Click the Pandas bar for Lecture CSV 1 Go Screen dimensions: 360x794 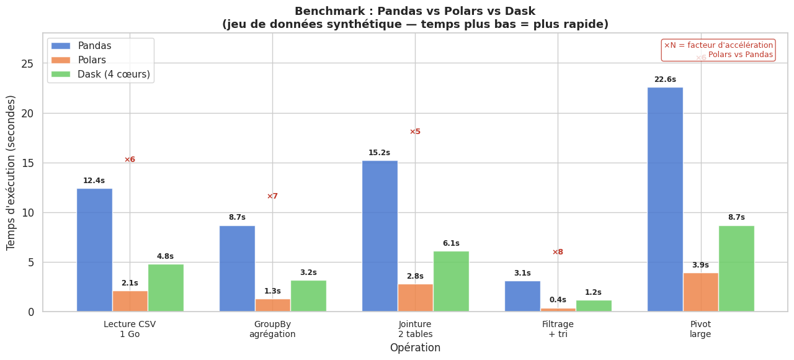(x=94, y=250)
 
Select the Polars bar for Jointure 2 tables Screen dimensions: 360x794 (x=415, y=298)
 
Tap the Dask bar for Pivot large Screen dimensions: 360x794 (x=736, y=269)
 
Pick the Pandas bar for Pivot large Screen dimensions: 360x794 (x=665, y=199)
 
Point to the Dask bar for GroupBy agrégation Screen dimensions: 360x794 (x=308, y=296)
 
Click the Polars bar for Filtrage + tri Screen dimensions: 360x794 (x=558, y=310)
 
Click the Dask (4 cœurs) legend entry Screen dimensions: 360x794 (x=99, y=74)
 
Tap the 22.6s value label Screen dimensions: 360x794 (x=665, y=79)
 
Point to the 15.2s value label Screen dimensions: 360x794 (x=379, y=153)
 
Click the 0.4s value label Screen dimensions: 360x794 (x=558, y=300)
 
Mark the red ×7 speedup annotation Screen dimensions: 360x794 (x=272, y=196)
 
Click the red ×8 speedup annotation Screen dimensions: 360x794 (x=558, y=252)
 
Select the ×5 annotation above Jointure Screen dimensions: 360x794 (x=415, y=132)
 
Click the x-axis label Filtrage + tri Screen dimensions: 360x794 (x=558, y=329)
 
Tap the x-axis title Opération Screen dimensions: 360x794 (x=415, y=348)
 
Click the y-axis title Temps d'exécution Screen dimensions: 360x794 (x=11, y=173)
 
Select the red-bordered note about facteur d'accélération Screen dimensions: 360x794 (x=718, y=50)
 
